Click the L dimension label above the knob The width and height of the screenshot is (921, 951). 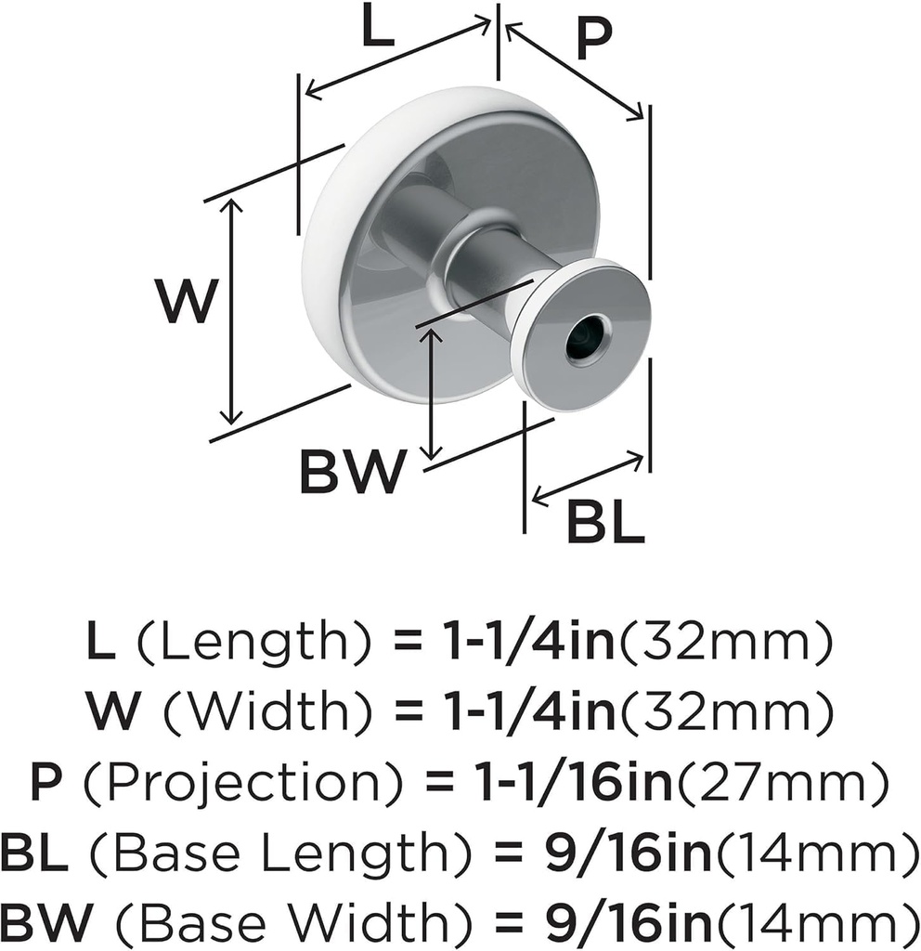[378, 32]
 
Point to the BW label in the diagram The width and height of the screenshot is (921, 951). [353, 473]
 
